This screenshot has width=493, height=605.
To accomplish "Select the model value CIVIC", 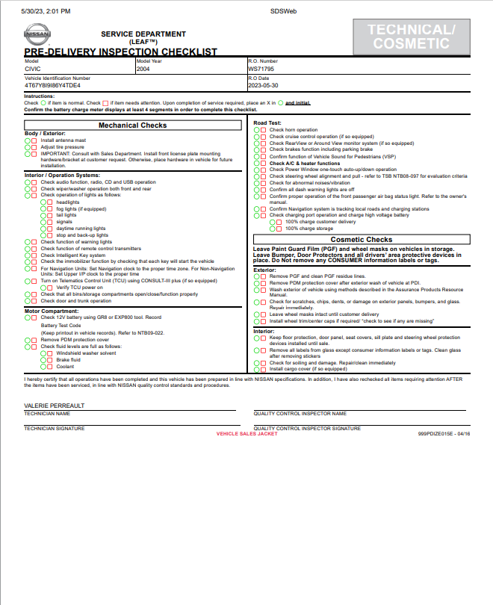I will pos(32,69).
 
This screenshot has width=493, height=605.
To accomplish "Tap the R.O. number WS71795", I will pos(261,69).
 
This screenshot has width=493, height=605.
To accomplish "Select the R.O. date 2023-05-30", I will pos(264,85).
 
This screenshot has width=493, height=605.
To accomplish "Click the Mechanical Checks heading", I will pos(132,125).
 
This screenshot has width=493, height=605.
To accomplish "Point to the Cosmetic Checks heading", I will pos(361,240).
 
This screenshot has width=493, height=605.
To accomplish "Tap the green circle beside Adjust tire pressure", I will pos(27,148).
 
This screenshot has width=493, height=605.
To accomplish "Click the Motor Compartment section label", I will pos(52,311).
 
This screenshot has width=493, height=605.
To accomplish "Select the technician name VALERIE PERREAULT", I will pos(55,406).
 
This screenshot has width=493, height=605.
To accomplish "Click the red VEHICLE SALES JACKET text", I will pos(246,433).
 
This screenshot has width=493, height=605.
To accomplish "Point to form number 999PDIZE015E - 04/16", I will pos(444,433).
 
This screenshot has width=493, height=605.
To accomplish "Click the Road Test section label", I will pos(267,122).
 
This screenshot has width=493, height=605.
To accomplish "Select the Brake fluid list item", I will pos(68,360).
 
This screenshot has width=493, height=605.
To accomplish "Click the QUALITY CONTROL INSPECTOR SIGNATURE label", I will pos(307,429).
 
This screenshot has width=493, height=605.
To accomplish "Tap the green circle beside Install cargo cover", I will pos(256,369).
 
